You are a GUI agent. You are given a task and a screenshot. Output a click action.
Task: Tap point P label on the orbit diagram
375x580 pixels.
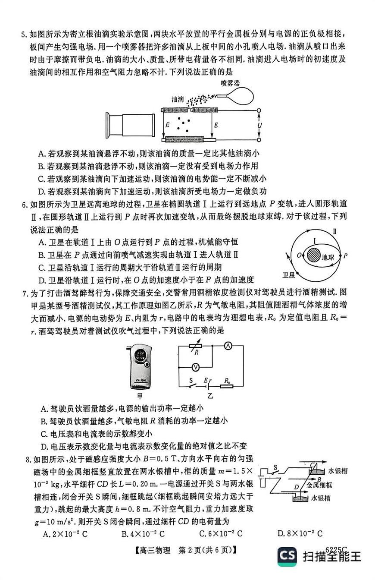[345, 255]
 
